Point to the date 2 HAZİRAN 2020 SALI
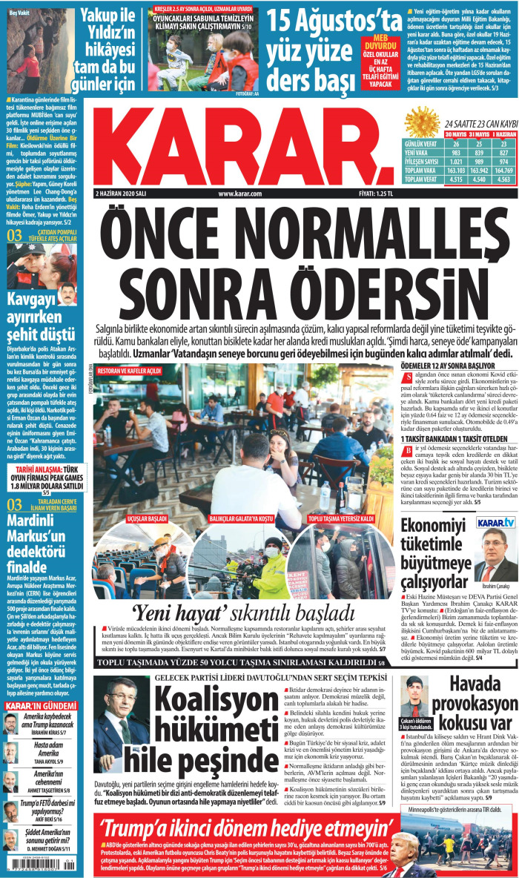point(128,194)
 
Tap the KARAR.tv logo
point(496,523)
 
